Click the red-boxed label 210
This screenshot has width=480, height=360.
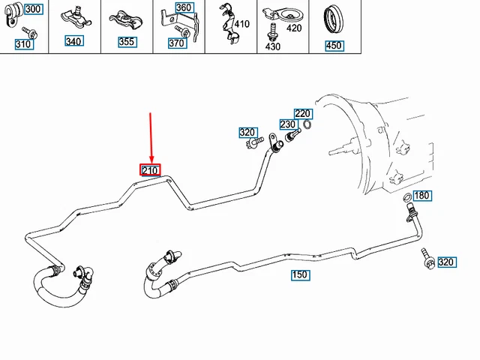150,169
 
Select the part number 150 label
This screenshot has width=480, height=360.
300,275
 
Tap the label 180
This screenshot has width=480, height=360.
422,196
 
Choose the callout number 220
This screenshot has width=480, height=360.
302,114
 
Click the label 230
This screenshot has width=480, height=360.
288,124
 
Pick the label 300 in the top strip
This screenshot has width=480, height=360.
34,9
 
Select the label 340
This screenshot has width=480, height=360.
73,41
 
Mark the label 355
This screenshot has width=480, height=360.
127,41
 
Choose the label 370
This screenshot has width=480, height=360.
176,43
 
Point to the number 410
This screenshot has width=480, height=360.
241,25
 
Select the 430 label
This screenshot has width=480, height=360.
272,46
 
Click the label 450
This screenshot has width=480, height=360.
333,46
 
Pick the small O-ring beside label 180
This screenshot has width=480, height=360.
406,198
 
